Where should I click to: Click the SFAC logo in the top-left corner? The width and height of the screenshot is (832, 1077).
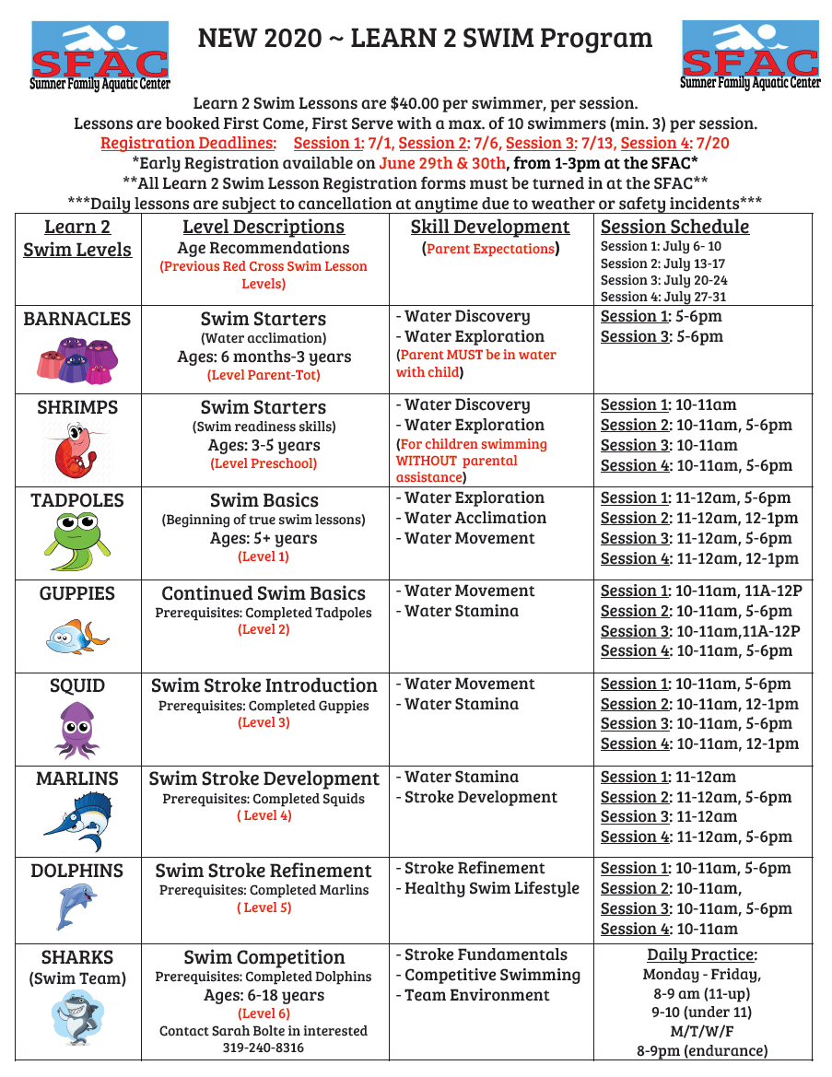coord(100,55)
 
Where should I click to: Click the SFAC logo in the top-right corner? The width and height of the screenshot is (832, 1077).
coord(750,55)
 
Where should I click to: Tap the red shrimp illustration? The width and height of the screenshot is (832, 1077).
coord(76,451)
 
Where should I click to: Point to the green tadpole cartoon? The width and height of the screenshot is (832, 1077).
coord(77,543)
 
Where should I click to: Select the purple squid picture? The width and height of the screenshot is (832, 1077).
coord(77,729)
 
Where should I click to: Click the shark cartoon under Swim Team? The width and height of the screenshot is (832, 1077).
coord(77,1018)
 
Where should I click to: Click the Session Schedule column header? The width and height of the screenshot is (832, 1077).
coord(674,227)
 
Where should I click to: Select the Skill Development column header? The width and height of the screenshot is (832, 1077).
coord(490,227)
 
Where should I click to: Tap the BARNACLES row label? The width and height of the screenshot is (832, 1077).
coord(77,319)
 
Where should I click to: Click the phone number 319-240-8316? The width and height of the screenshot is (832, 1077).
coord(264,1048)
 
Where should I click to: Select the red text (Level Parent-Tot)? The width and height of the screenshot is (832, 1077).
coord(264,375)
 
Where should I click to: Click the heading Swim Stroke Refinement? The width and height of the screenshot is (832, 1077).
coord(264,871)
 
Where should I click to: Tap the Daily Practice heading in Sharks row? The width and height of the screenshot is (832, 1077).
coord(702,955)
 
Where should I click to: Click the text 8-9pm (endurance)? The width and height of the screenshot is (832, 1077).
coord(702,1050)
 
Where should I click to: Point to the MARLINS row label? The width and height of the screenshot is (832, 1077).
coord(77,778)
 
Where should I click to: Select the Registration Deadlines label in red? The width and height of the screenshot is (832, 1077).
coord(188,143)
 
